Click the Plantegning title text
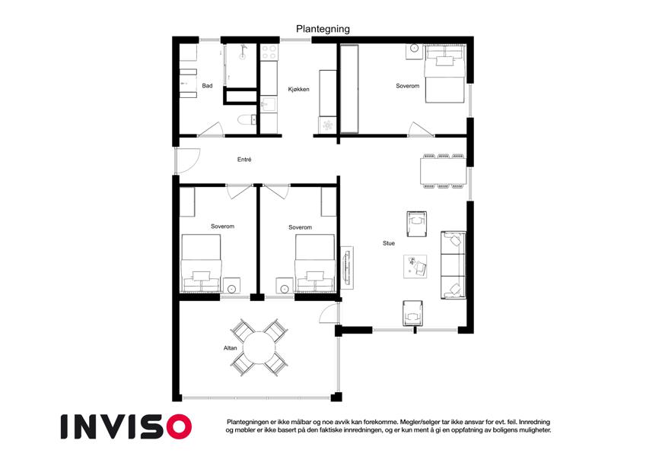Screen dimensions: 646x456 (x=323, y=29)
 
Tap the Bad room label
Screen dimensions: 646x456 (x=207, y=86)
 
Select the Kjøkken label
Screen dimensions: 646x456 (x=299, y=89)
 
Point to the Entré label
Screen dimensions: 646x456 (x=244, y=160)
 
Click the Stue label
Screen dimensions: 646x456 (x=389, y=243)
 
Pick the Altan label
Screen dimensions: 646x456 (x=231, y=348)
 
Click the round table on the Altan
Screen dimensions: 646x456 (x=259, y=348)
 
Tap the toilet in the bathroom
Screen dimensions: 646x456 (x=247, y=119)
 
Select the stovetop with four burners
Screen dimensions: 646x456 (x=269, y=52)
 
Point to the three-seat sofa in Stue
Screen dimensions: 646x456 (x=453, y=265)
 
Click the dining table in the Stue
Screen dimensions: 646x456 (x=443, y=171)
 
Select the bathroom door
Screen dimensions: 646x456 (x=211, y=128)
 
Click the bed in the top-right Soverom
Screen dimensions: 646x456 (x=445, y=73)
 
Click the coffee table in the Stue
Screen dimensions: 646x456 (x=415, y=267)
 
